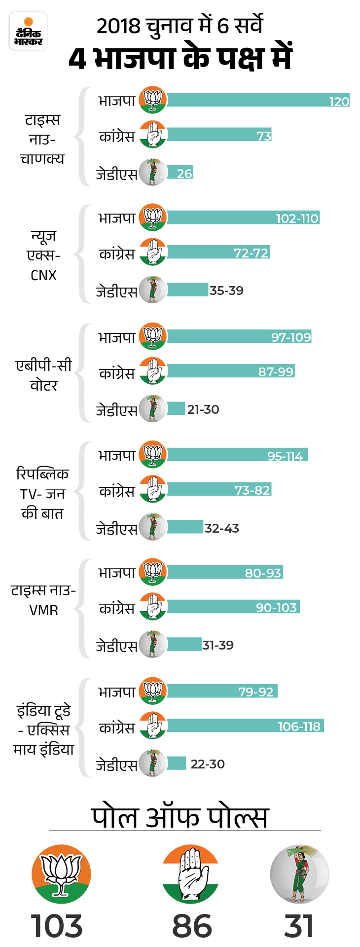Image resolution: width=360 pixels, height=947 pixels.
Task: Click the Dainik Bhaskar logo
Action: click(28, 31)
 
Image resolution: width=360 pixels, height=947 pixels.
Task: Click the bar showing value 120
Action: click(258, 100)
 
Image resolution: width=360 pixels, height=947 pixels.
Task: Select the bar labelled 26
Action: click(180, 172)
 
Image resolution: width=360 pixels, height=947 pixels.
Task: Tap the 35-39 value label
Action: click(226, 291)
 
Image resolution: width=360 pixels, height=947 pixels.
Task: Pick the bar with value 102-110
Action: click(243, 218)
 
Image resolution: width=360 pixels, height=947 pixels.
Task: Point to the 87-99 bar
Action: click(231, 371)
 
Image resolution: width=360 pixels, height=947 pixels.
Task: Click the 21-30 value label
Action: click(203, 409)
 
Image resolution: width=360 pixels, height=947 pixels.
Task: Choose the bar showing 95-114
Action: click(237, 455)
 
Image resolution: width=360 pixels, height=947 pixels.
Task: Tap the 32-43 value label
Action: click(222, 528)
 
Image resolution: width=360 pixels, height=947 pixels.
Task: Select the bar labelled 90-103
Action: click(233, 607)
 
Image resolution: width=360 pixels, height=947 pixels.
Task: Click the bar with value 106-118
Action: click(245, 726)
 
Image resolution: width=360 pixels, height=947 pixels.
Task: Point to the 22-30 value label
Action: click(208, 764)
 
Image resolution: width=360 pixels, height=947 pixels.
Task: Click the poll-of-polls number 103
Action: click(57, 926)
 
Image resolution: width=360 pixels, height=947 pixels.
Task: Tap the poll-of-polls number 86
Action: click(192, 926)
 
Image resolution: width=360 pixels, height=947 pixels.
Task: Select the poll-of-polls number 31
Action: click(299, 926)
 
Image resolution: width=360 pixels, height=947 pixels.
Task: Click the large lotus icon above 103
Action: click(61, 874)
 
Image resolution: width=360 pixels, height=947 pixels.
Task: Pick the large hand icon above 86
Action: click(190, 874)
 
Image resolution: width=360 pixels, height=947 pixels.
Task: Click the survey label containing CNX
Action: click(43, 255)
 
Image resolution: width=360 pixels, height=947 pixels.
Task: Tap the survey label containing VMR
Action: click(43, 600)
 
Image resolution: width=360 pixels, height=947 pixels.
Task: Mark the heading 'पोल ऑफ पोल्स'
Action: click(180, 817)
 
